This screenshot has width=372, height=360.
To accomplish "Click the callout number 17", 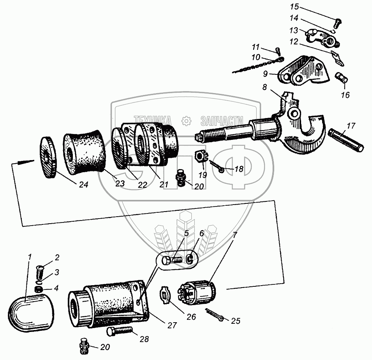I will tap(351, 126).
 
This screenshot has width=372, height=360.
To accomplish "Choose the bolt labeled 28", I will tap(119, 333).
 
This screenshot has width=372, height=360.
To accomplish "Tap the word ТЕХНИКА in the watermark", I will tap(153, 119).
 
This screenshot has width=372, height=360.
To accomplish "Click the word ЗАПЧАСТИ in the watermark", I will tap(222, 119).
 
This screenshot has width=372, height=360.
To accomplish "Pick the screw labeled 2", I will tap(41, 268).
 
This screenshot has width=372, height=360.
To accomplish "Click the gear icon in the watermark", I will tap(186, 119).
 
